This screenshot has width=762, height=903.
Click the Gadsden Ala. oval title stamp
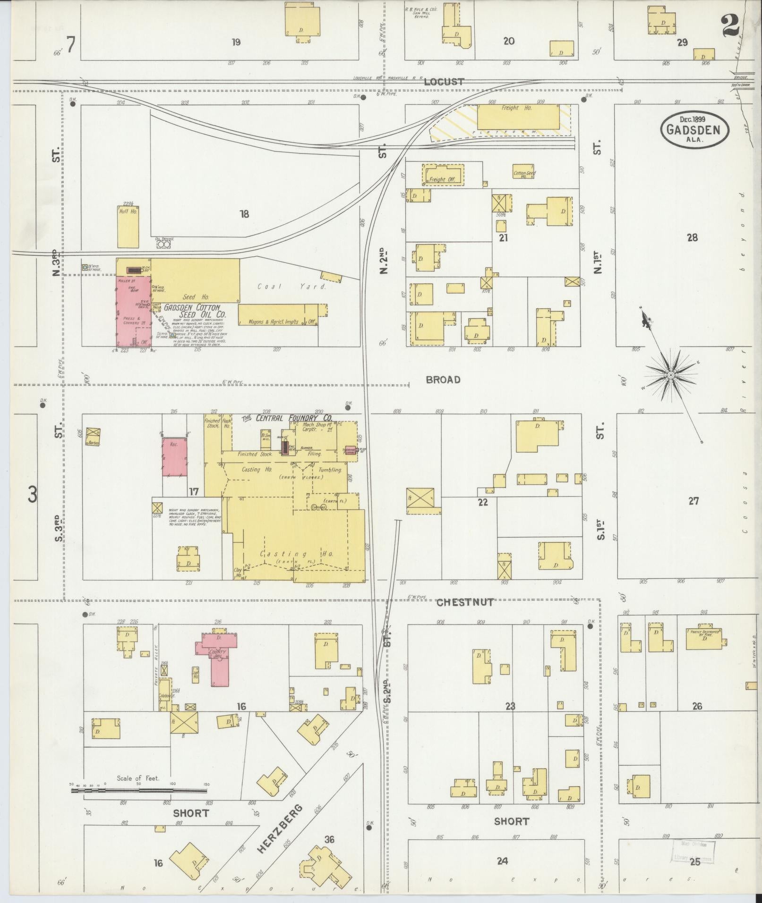pyautogui.click(x=694, y=129)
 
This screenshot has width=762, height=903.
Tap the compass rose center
pyautogui.click(x=670, y=375)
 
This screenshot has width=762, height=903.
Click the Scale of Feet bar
pyautogui.click(x=140, y=789)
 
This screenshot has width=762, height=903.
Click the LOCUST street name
pyautogui.click(x=444, y=82)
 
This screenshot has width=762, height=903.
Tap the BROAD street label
pyautogui.click(x=443, y=380)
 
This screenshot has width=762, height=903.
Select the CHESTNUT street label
pyautogui.click(x=465, y=602)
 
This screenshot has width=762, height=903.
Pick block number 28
pyautogui.click(x=692, y=237)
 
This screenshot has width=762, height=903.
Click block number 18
pyautogui.click(x=244, y=214)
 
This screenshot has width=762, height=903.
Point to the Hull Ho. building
pyautogui.click(x=128, y=226)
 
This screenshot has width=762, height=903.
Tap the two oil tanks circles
pyautogui.click(x=163, y=245)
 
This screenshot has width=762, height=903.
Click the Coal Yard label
pyautogui.click(x=291, y=287)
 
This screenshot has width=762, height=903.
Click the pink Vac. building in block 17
pyautogui.click(x=174, y=456)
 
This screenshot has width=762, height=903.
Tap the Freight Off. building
pyautogui.click(x=443, y=176)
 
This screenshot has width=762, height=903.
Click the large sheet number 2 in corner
pyautogui.click(x=730, y=25)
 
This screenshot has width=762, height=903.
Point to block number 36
pyautogui.click(x=329, y=839)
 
